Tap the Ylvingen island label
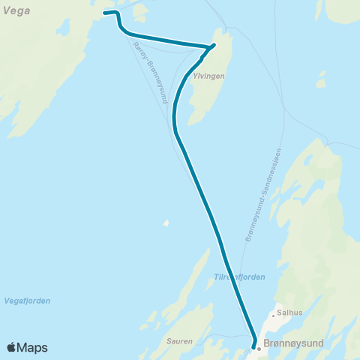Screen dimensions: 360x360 pyautogui.click(x=210, y=76)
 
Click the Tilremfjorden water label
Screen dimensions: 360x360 pyautogui.click(x=239, y=277)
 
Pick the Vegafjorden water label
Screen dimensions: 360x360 pyautogui.click(x=26, y=301)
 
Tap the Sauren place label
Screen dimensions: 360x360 pyautogui.click(x=180, y=340)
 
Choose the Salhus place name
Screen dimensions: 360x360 pyautogui.click(x=289, y=315)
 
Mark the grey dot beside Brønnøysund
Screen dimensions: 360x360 pyautogui.click(x=259, y=348)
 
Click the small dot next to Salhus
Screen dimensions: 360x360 pyautogui.click(x=274, y=315)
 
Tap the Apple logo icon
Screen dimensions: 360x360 pyautogui.click(x=12, y=347)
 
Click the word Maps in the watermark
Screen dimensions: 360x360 pyautogui.click(x=33, y=347)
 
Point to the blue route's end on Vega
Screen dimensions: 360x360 pyautogui.click(x=104, y=13)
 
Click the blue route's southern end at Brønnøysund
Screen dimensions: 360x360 pyautogui.click(x=253, y=346)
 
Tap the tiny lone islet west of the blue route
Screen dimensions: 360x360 pyautogui.click(x=166, y=222)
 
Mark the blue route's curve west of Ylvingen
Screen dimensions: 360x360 pyautogui.click(x=175, y=112)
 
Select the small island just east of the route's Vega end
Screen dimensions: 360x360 pyautogui.click(x=139, y=10)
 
